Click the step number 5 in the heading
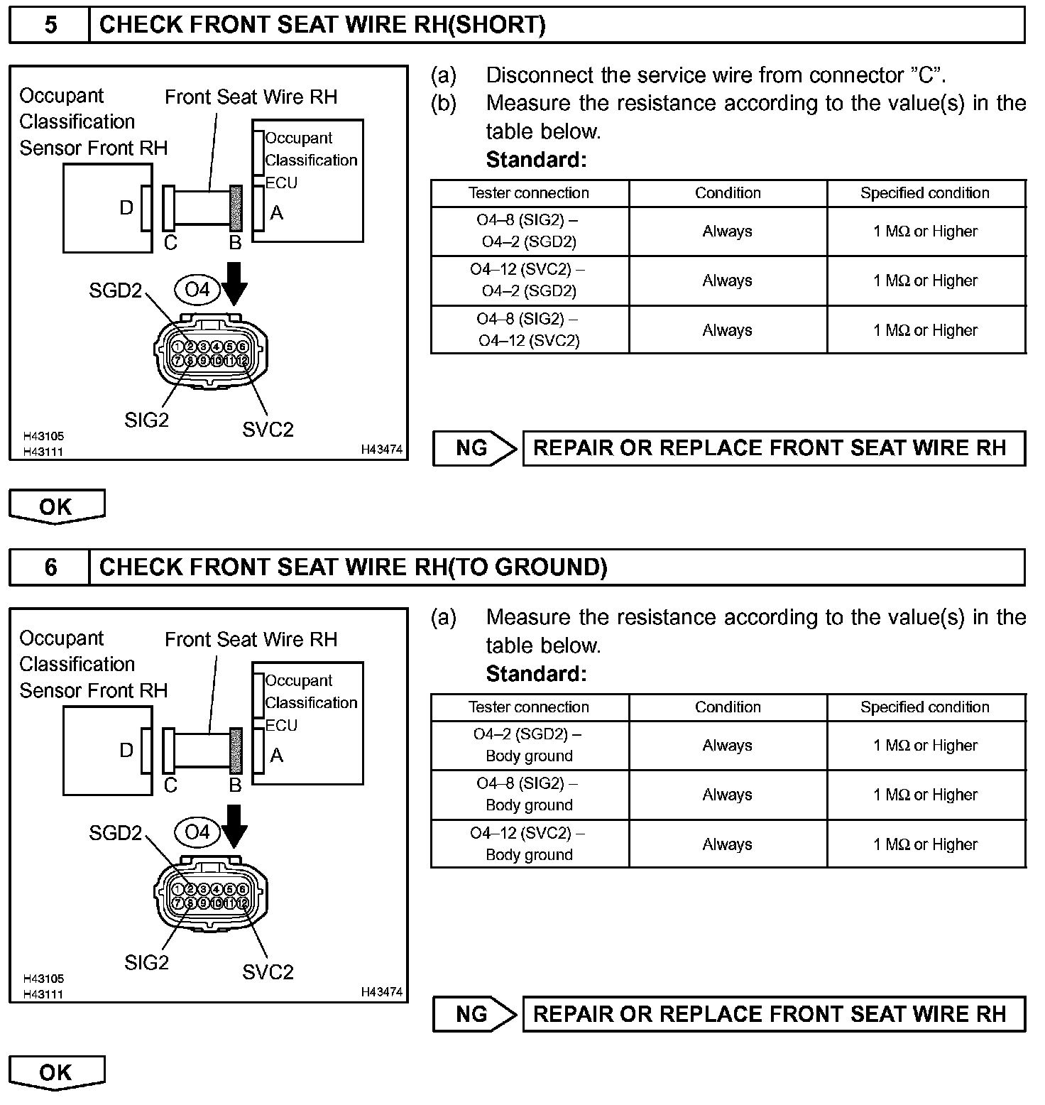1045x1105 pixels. pyautogui.click(x=50, y=25)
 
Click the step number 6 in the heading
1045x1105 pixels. pyautogui.click(x=50, y=567)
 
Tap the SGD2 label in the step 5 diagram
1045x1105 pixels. pyautogui.click(x=115, y=290)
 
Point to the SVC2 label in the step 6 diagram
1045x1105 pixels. pyautogui.click(x=268, y=971)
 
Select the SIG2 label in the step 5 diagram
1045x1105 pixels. pyautogui.click(x=146, y=420)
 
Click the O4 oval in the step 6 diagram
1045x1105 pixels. pyautogui.click(x=197, y=832)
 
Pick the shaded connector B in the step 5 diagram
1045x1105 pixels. pyautogui.click(x=236, y=208)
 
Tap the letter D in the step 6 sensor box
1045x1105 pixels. pyautogui.click(x=126, y=750)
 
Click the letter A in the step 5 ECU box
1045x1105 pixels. pyautogui.click(x=277, y=212)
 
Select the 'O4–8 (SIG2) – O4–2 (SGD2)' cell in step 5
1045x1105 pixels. pyautogui.click(x=529, y=231)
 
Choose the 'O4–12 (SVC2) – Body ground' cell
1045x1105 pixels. pyautogui.click(x=529, y=844)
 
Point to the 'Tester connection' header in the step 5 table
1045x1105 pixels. pyautogui.click(x=529, y=192)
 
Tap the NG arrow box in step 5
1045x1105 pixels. pyautogui.click(x=474, y=448)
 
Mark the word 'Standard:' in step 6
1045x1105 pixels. pyautogui.click(x=536, y=673)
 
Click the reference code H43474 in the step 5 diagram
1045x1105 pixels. pyautogui.click(x=381, y=450)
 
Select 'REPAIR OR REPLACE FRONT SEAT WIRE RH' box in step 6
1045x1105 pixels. pyautogui.click(x=773, y=1013)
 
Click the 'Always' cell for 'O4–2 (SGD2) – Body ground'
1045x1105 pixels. pyautogui.click(x=727, y=745)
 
